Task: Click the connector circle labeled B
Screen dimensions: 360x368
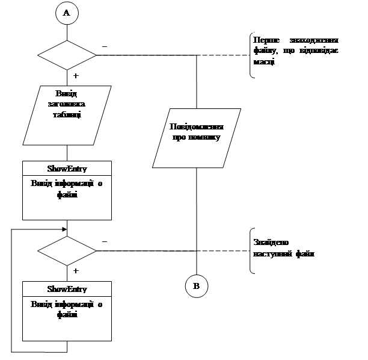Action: pyautogui.click(x=197, y=285)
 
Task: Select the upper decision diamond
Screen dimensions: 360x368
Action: pyautogui.click(x=67, y=55)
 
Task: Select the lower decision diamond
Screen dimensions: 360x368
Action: pyautogui.click(x=67, y=251)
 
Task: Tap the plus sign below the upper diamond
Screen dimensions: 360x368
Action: pyautogui.click(x=77, y=76)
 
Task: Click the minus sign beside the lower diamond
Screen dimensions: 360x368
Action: pyautogui.click(x=106, y=242)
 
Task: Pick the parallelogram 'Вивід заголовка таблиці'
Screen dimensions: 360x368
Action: pyautogui.click(x=67, y=114)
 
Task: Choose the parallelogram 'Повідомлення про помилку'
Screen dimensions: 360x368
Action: pyautogui.click(x=197, y=138)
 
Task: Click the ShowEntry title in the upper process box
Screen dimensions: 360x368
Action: pyautogui.click(x=67, y=168)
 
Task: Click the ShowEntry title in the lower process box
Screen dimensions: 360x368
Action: pyautogui.click(x=67, y=289)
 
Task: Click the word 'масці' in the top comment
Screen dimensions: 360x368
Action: pyautogui.click(x=265, y=61)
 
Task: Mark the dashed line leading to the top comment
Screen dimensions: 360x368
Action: pyautogui.click(x=222, y=55)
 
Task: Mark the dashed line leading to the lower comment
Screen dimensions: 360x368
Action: pyautogui.click(x=222, y=251)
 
